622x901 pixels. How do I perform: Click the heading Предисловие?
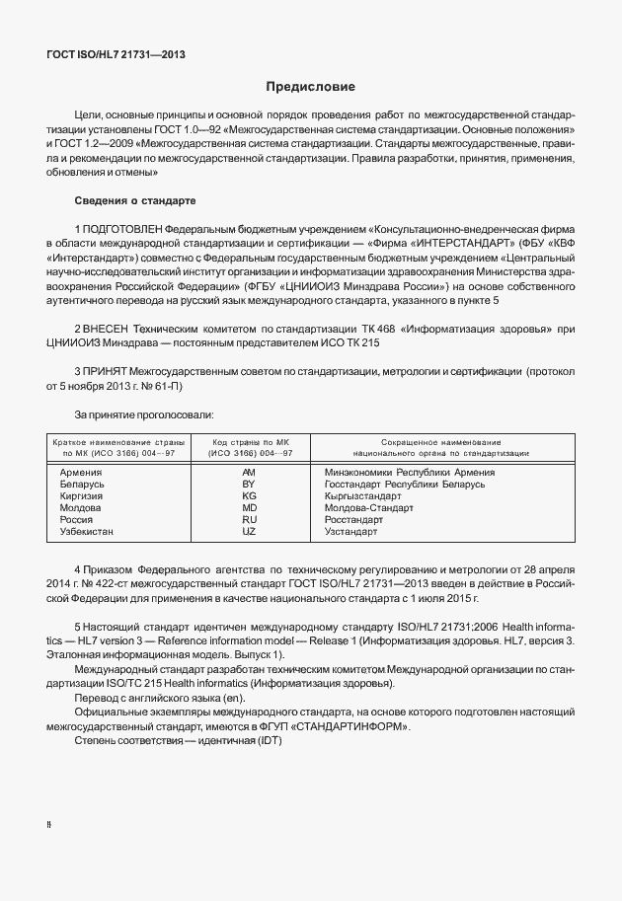(x=310, y=88)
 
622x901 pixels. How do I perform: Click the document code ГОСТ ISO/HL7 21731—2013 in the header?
(x=116, y=54)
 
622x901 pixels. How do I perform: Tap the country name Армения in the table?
(x=82, y=473)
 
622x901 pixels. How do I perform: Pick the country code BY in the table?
(x=249, y=485)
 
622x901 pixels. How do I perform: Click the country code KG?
(x=249, y=496)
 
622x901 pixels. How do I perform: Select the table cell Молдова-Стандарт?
(x=369, y=508)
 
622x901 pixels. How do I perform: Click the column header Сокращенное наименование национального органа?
(x=440, y=447)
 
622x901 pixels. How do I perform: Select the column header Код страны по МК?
(x=249, y=447)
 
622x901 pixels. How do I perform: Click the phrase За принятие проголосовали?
(x=137, y=415)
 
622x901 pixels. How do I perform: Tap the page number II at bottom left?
(x=49, y=821)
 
